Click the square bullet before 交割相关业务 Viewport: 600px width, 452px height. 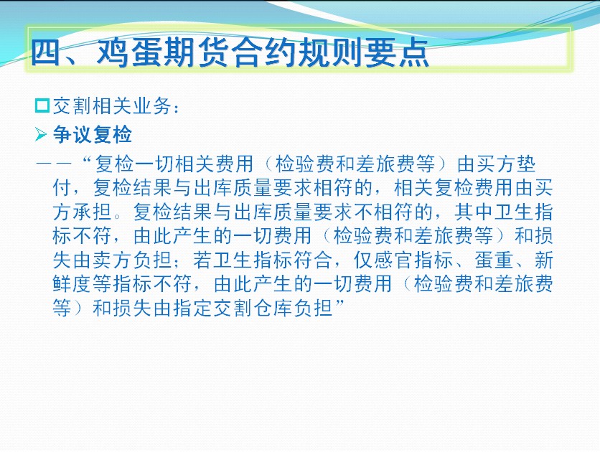click(42, 105)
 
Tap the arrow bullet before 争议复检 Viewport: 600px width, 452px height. click(41, 135)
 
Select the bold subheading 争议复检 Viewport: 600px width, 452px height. click(92, 135)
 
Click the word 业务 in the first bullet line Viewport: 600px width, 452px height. click(152, 106)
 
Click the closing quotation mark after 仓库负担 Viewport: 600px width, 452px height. click(339, 303)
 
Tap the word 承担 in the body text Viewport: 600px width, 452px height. click(92, 212)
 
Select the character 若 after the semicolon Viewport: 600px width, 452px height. click(203, 260)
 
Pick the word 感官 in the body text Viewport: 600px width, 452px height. click(393, 260)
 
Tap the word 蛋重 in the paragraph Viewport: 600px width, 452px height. click(494, 260)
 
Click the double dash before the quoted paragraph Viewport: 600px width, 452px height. click(54, 164)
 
